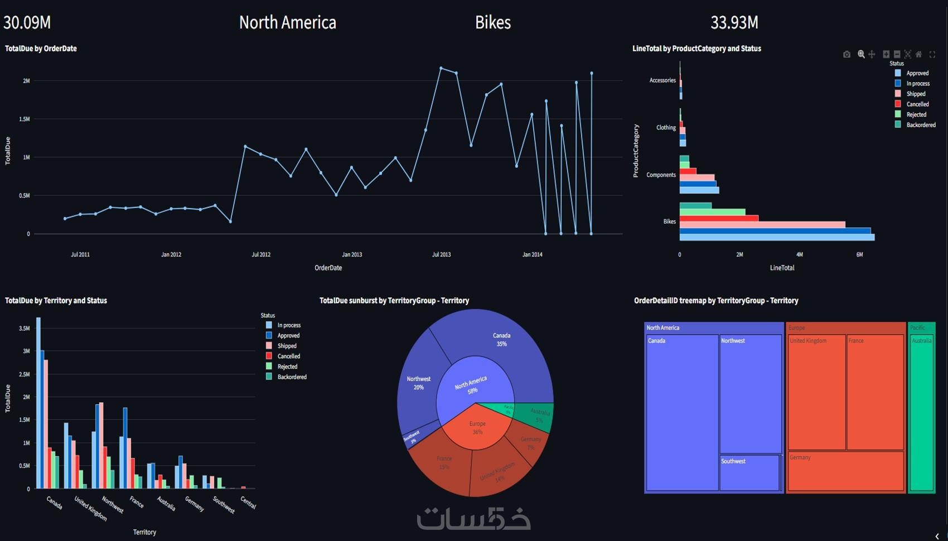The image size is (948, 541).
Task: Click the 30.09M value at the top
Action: tap(27, 22)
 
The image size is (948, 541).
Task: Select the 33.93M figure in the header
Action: tap(734, 22)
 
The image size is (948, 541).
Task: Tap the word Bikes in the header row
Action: tap(492, 22)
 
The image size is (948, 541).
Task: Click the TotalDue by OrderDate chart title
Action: tap(41, 49)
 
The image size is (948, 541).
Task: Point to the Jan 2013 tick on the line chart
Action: tap(352, 254)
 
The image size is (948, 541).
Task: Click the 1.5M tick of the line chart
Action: tap(25, 119)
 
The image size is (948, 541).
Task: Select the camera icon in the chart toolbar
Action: tap(847, 54)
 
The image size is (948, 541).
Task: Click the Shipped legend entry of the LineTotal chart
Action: tap(916, 94)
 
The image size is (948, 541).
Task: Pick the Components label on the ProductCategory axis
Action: tap(661, 175)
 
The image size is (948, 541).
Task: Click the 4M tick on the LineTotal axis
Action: tap(799, 254)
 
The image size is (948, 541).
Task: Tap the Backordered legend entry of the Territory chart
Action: tap(292, 377)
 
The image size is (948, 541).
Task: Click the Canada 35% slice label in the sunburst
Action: tap(501, 340)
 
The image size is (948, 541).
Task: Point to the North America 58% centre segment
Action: tap(471, 385)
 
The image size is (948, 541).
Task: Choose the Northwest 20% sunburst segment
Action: tap(419, 383)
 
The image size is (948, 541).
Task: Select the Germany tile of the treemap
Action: tap(845, 472)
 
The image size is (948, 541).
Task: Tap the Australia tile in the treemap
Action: tap(921, 413)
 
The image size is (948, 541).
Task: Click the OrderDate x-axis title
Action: tap(328, 268)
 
